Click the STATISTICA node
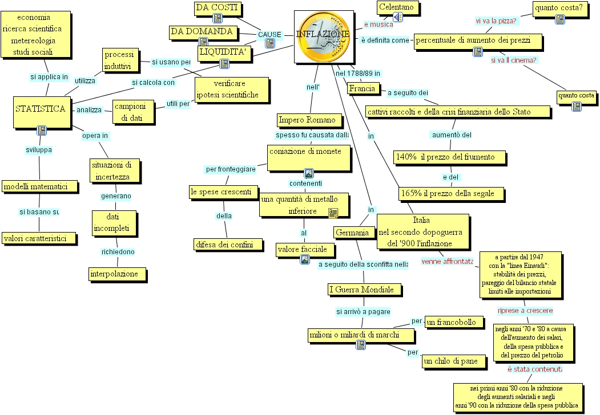pos(41,109)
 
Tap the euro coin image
pos(323,36)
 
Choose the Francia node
pos(362,88)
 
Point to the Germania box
pos(355,233)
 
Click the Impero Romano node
pos(310,120)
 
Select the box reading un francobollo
pos(451,323)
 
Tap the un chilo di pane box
pos(454,361)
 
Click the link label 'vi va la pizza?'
pos(496,21)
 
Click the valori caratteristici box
pos(39,238)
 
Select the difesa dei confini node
pos(228,245)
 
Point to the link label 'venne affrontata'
pos(447,262)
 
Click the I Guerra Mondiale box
pos(361,290)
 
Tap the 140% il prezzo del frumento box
pos(449,157)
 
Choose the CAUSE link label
pos(269,35)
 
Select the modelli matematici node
pos(39,186)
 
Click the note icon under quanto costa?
pos(560,19)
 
